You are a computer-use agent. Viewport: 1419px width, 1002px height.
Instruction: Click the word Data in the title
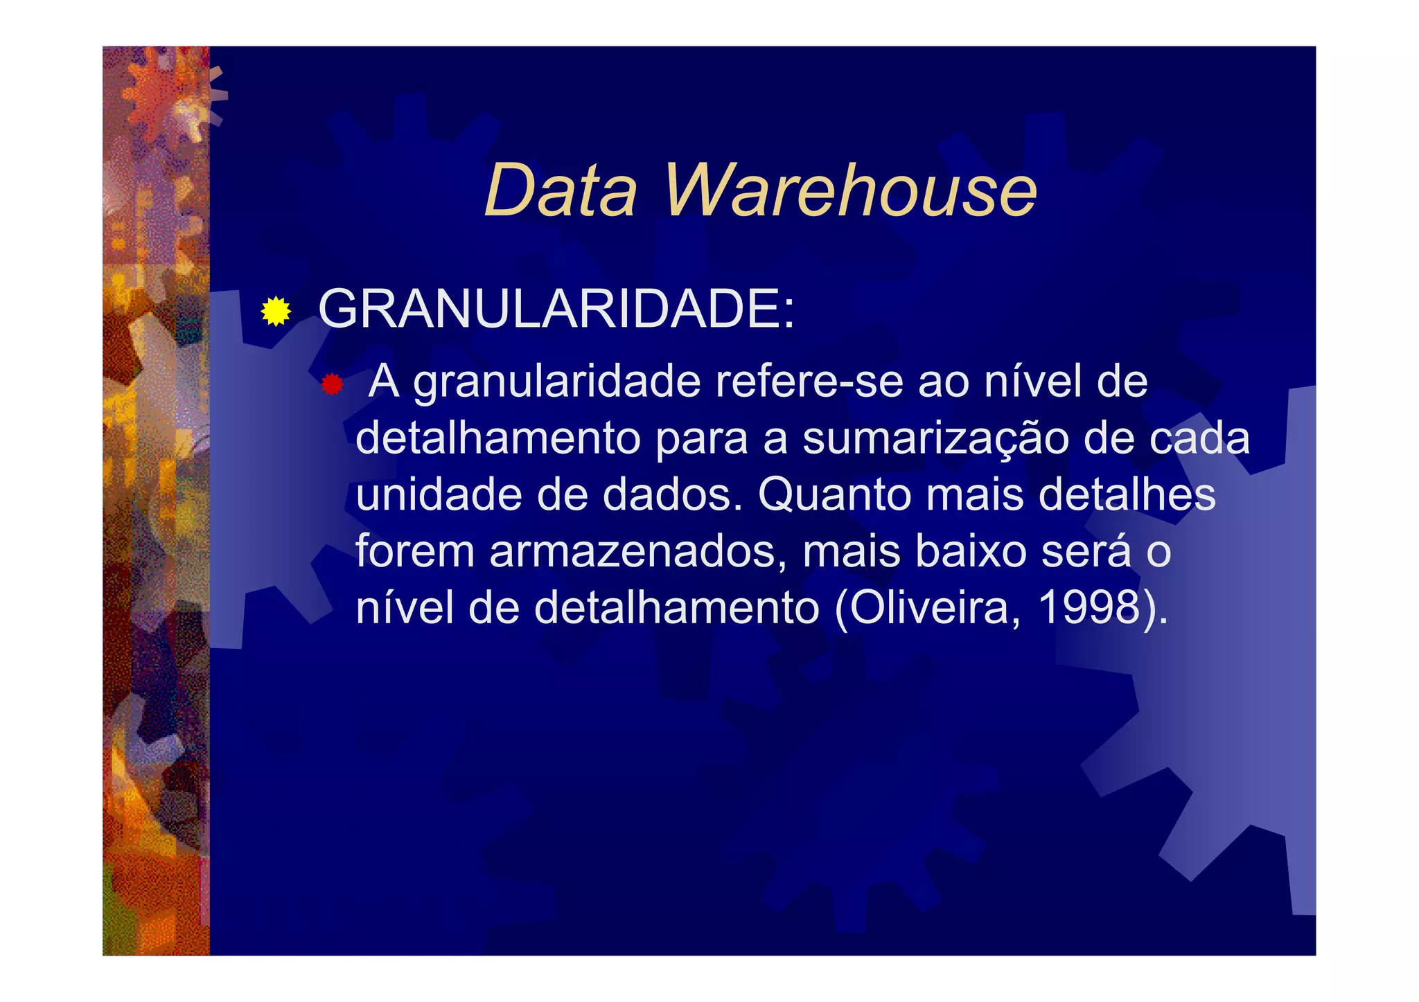(x=560, y=190)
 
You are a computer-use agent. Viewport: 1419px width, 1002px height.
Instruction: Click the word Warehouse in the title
(x=850, y=190)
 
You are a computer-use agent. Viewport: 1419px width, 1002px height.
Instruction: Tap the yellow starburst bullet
(x=276, y=311)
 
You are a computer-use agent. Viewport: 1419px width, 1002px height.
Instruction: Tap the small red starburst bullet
(x=333, y=384)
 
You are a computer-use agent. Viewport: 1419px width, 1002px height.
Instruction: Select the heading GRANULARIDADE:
(x=556, y=309)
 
